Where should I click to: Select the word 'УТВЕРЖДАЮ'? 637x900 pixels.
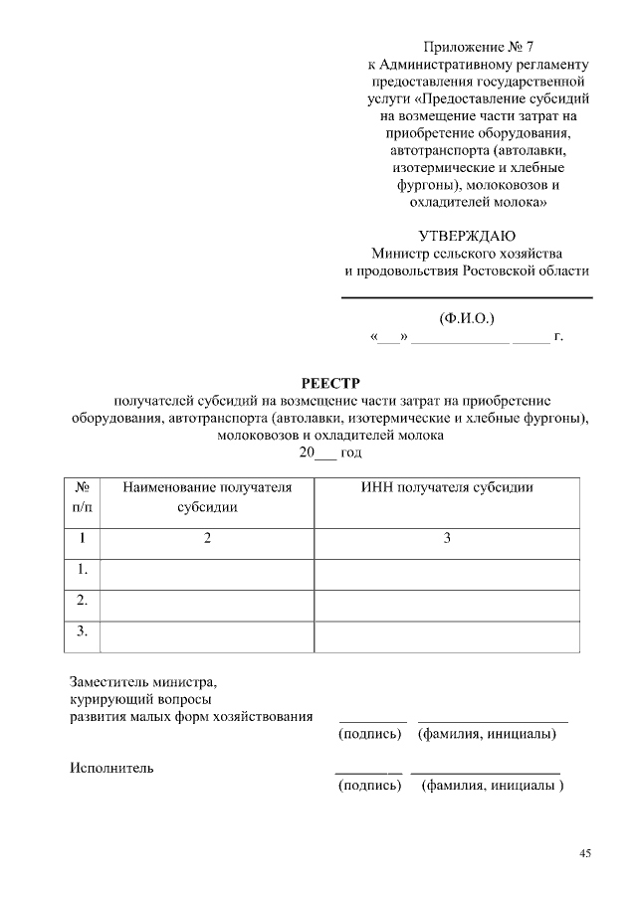coord(466,236)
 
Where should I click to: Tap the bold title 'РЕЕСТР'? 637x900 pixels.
coord(328,383)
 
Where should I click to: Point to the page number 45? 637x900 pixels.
coord(585,853)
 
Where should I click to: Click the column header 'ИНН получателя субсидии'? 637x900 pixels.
coord(446,487)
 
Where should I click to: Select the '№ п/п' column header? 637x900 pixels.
coord(84,497)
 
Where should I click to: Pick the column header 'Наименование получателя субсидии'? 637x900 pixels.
coord(207,497)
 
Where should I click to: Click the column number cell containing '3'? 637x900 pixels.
coord(447,538)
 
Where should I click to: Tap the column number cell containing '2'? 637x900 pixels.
coord(207,538)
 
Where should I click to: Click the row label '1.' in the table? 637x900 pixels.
coord(83,570)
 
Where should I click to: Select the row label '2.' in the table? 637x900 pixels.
coord(83,601)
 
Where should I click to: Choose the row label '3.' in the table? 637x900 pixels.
coord(83,631)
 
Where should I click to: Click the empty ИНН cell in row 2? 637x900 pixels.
coord(447,602)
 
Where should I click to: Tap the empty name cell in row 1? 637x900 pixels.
coord(207,570)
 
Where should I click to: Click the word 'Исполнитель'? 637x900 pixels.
coord(111,768)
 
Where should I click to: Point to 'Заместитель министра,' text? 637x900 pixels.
coord(142,683)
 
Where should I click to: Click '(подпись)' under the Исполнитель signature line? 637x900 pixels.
coord(369,786)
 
